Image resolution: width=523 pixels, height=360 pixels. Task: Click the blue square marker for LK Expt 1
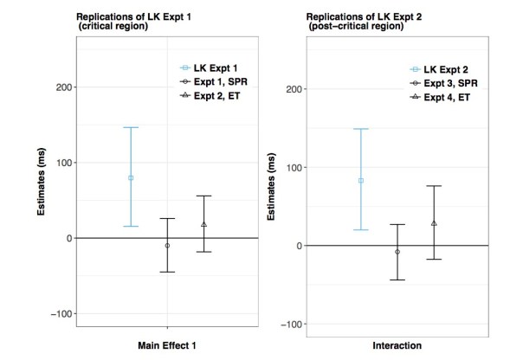point(131,177)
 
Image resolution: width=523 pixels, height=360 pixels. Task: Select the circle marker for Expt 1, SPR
point(167,246)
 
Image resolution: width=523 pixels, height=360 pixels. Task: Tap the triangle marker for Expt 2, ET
point(203,224)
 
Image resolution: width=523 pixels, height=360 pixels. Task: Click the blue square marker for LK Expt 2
point(361,181)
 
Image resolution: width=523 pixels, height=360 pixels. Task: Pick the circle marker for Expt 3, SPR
point(397,252)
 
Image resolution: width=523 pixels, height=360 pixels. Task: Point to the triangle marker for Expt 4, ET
point(434,223)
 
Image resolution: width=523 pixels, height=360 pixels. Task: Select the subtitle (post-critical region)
point(346,27)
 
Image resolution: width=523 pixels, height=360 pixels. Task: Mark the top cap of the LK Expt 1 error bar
point(131,127)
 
